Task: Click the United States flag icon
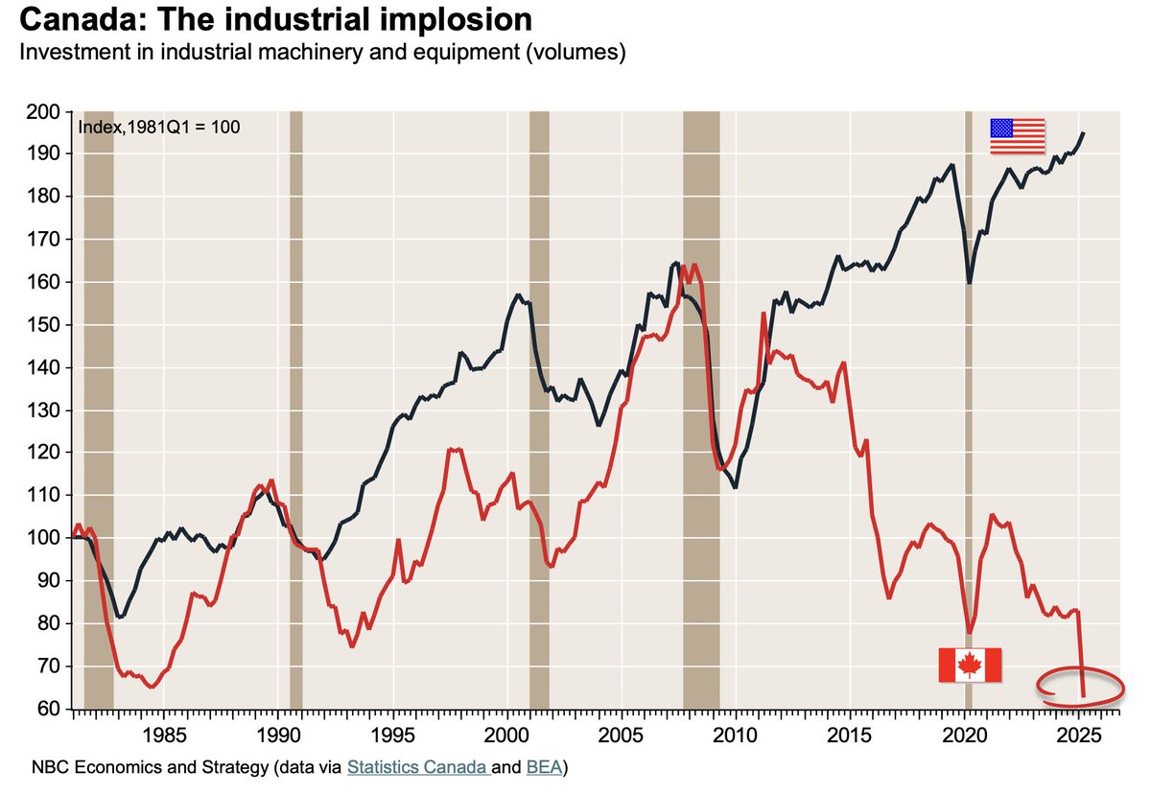(1018, 135)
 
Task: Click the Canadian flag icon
(970, 665)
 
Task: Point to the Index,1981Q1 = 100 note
(158, 127)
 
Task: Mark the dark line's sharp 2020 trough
(970, 282)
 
